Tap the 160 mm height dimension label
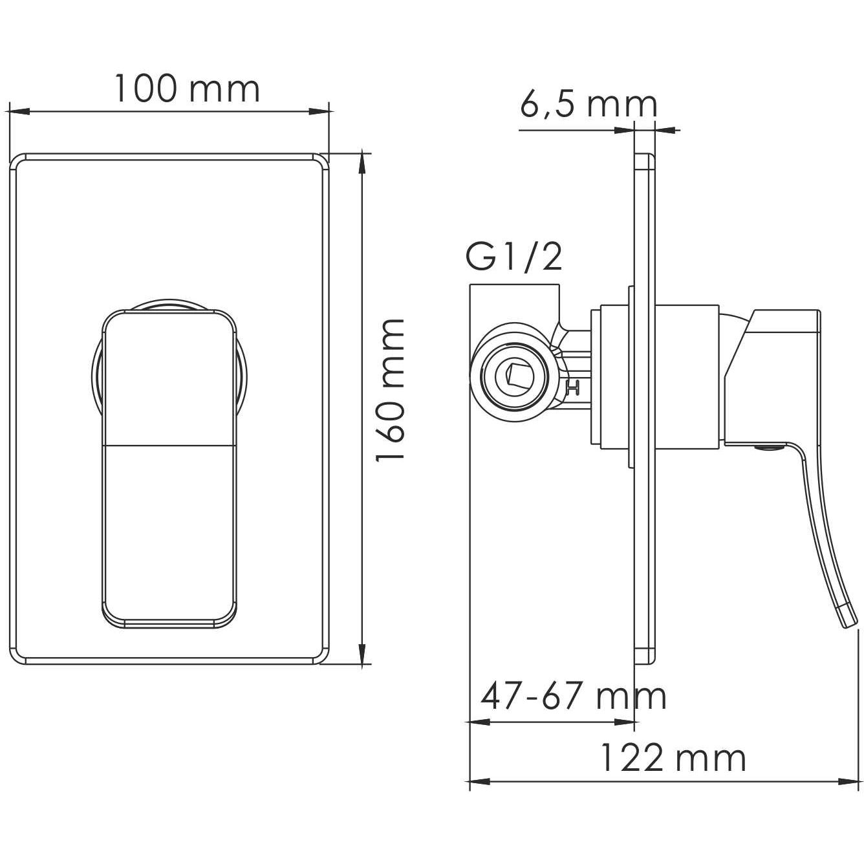click(391, 389)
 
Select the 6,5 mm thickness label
click(589, 105)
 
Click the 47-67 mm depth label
click(573, 697)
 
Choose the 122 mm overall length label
click(673, 757)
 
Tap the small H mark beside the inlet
click(572, 389)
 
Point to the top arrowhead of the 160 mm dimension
click(365, 159)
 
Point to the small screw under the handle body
click(768, 447)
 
